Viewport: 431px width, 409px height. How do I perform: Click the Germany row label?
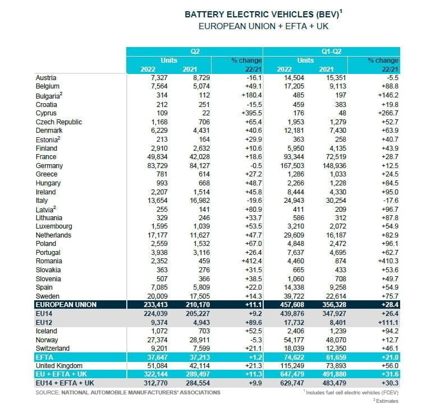pos(49,165)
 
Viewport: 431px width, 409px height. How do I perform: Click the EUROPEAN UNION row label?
pos(66,304)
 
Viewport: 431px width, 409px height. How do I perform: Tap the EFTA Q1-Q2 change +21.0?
pos(387,357)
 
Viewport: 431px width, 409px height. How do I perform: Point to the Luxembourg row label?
pos(54,226)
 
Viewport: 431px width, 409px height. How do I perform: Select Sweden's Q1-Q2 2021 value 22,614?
pos(337,296)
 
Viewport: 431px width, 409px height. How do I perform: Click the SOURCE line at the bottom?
pos(127,392)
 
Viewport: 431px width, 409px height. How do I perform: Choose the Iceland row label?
pos(46,331)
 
